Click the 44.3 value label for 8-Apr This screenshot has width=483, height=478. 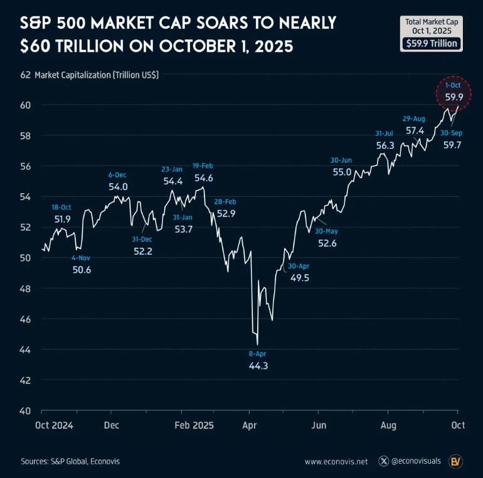coord(258,366)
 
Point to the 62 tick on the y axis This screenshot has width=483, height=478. coord(26,75)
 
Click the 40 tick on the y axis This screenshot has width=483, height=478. coord(26,411)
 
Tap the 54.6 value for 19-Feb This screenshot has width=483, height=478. coord(203,178)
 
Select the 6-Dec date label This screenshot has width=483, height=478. coord(118,175)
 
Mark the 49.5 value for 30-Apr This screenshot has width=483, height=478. coord(300,277)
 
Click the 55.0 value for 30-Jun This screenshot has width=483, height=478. coord(342,172)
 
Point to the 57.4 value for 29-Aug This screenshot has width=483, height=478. coord(415,131)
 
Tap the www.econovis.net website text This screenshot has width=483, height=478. coord(336,462)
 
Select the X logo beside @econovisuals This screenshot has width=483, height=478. coord(384,462)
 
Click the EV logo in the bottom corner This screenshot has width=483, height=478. coord(457,462)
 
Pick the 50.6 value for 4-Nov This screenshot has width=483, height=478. coord(82,270)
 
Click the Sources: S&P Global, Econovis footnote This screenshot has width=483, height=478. coord(70,461)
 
